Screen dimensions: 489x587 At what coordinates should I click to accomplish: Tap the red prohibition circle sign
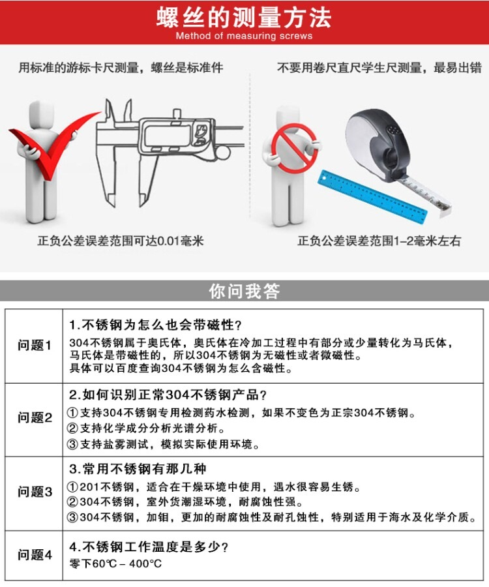[295, 148]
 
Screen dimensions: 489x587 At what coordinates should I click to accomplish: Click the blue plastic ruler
[372, 197]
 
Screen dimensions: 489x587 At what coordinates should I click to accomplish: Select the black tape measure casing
[378, 144]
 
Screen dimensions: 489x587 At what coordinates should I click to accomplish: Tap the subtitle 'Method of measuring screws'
[244, 36]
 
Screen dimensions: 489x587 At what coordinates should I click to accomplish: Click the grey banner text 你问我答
[244, 291]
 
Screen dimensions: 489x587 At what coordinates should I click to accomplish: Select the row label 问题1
[34, 345]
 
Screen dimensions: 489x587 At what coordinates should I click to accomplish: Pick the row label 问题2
[35, 417]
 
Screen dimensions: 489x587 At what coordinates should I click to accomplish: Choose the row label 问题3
[35, 492]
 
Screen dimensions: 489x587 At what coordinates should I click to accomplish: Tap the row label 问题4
[35, 554]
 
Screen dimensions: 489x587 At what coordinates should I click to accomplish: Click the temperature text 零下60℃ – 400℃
[115, 563]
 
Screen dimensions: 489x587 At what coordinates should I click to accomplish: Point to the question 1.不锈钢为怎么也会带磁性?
[156, 325]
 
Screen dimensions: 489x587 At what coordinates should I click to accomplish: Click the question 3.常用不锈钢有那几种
[138, 469]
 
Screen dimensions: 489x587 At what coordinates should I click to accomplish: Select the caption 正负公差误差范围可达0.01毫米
[121, 241]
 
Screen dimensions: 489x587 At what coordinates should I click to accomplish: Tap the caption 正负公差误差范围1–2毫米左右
[379, 241]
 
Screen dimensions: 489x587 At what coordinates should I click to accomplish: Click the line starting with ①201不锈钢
[214, 487]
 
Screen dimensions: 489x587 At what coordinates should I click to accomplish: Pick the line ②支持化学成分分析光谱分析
[146, 429]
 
